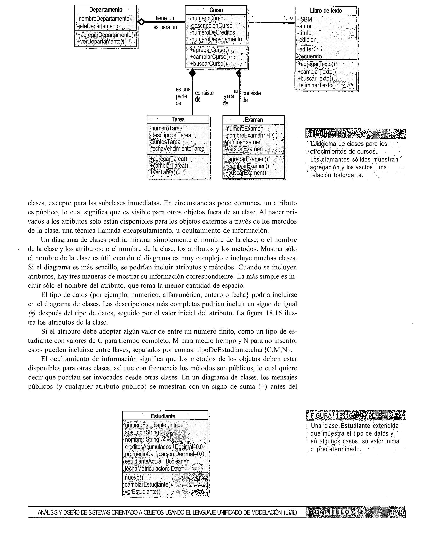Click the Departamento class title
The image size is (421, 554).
(106, 10)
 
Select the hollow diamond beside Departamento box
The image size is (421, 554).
(141, 22)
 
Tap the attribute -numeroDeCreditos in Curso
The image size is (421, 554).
(213, 32)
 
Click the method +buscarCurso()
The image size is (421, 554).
(208, 64)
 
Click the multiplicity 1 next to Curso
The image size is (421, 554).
(253, 18)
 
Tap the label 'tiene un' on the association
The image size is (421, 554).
(165, 18)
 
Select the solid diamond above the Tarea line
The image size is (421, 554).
(192, 73)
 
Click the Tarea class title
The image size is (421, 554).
(178, 119)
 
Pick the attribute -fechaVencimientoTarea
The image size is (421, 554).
(177, 149)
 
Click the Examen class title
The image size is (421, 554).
(254, 120)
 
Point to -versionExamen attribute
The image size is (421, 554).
(244, 149)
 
